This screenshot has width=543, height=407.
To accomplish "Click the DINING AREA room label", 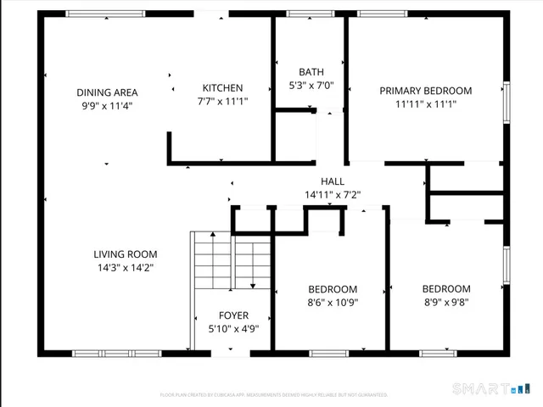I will [107, 92].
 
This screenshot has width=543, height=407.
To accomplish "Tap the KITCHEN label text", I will [223, 87].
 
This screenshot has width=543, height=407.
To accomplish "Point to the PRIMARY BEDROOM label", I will [425, 91].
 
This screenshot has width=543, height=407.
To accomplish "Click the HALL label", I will [333, 181].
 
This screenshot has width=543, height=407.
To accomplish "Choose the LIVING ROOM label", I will [125, 254].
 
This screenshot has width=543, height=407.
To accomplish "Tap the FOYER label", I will [233, 315].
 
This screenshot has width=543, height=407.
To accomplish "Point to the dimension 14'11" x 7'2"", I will [333, 195].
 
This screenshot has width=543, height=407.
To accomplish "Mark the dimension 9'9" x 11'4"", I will [107, 106].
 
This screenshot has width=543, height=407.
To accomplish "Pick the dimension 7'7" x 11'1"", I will [223, 101].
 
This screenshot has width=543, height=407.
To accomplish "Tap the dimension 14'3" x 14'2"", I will [125, 267].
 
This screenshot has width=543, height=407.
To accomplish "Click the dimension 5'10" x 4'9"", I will [233, 329].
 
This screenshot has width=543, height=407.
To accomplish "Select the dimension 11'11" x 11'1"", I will [425, 104].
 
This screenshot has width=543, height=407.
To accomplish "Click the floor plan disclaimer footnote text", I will [274, 395].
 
